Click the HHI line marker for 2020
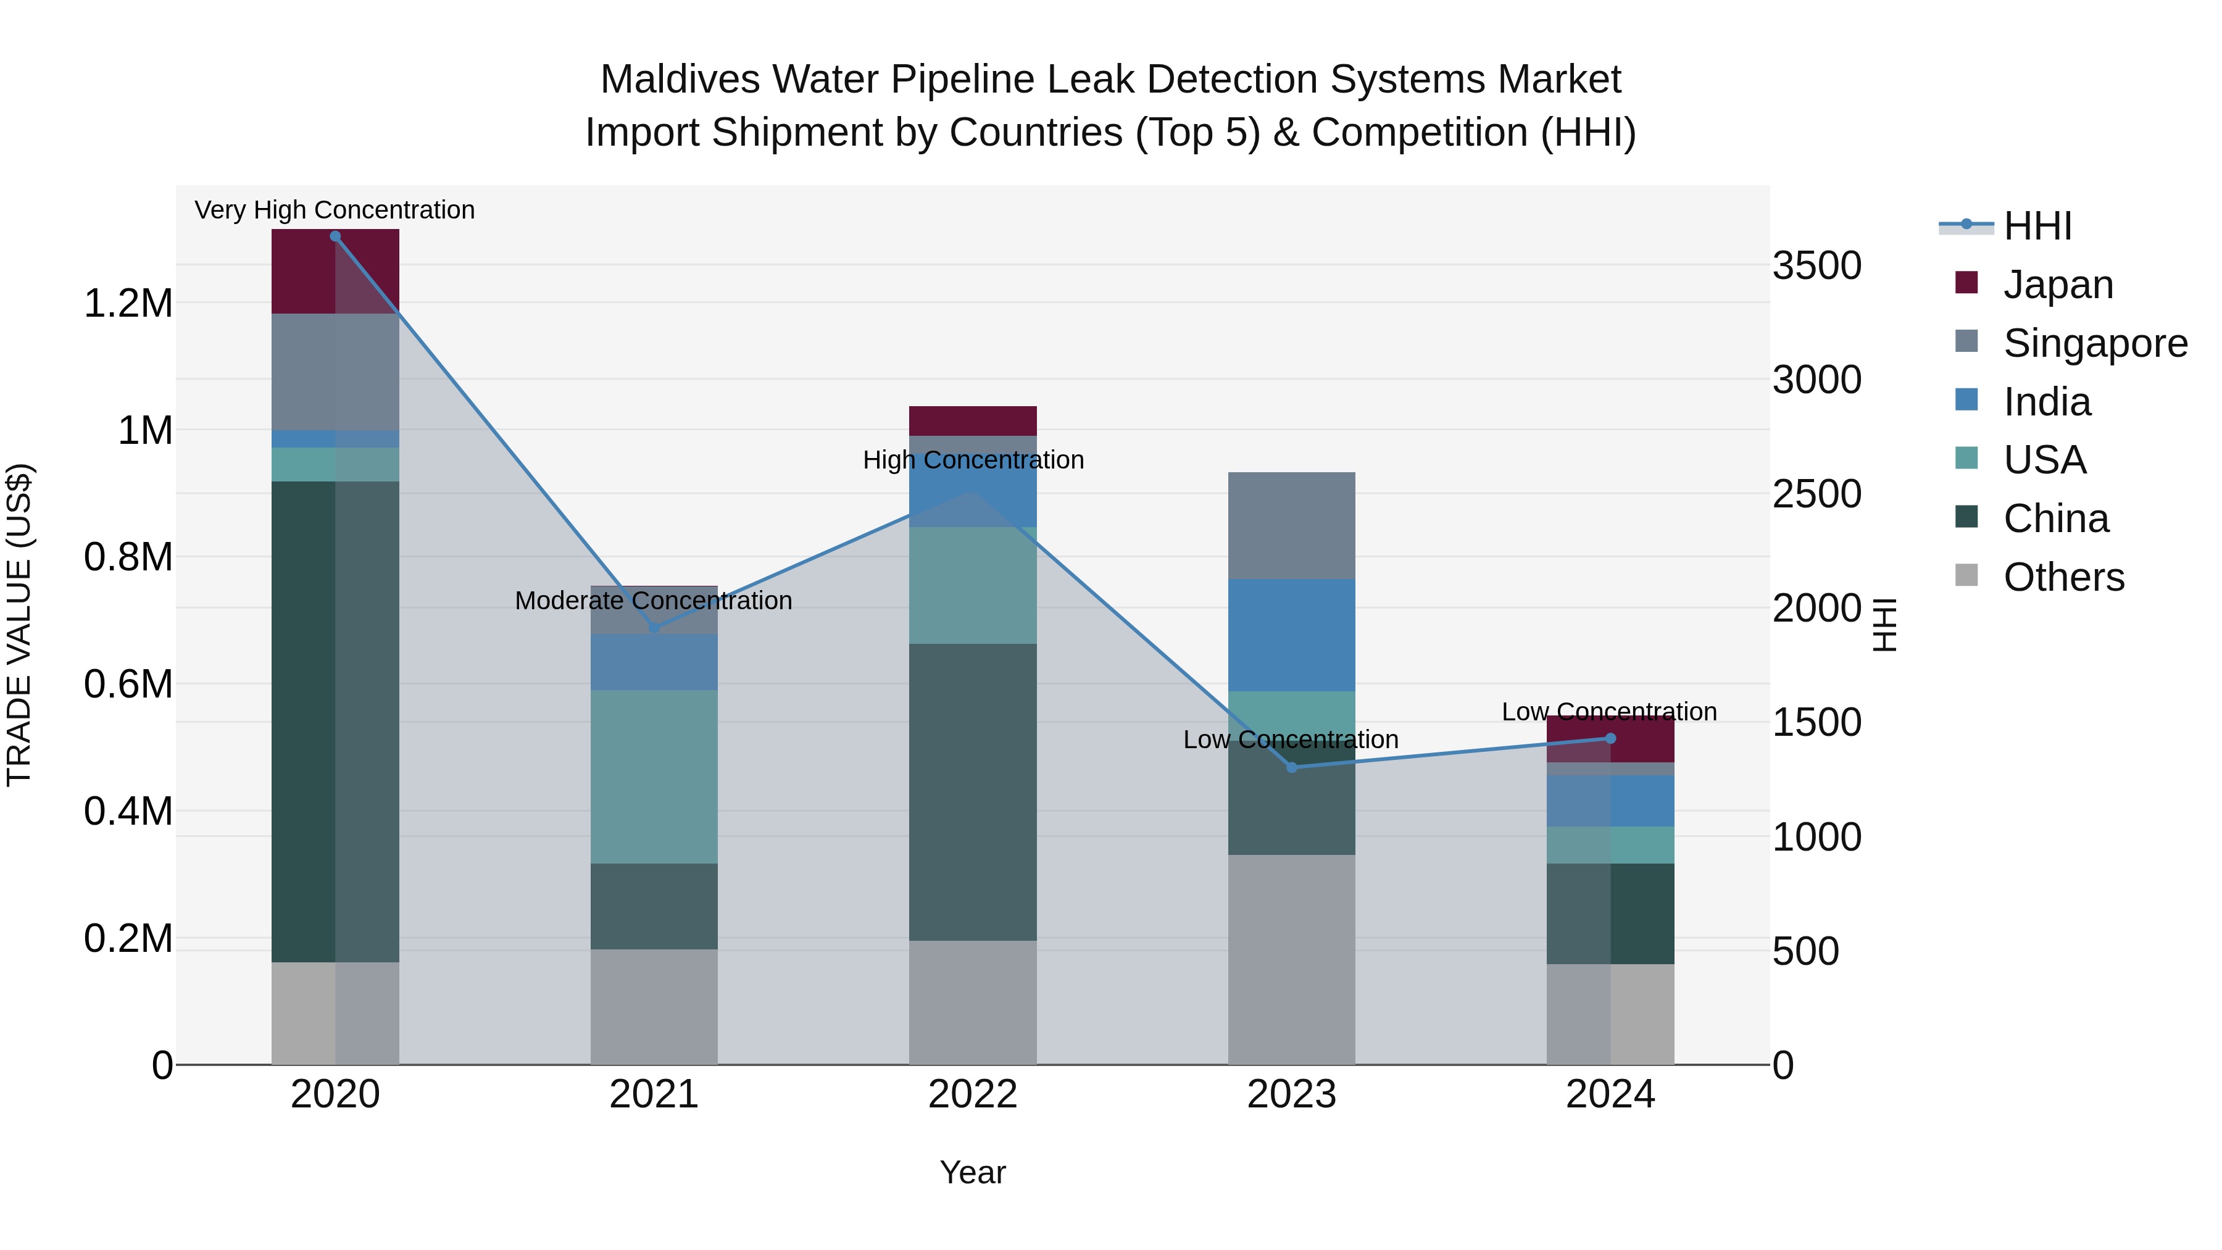[x=336, y=236]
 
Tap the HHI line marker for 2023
[x=1291, y=767]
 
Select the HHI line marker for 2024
[x=1610, y=738]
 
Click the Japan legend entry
[x=2057, y=285]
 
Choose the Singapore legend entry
[x=2094, y=343]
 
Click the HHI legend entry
[x=2037, y=226]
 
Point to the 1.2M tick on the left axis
[x=128, y=304]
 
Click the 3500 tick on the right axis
[x=1816, y=265]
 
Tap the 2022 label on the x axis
[x=972, y=1094]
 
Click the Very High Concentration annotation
[x=335, y=210]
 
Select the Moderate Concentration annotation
[x=653, y=601]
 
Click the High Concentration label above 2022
[x=973, y=460]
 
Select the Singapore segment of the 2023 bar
[x=1291, y=525]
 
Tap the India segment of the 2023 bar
[x=1291, y=635]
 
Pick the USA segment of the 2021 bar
[x=653, y=777]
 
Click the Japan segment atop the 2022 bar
[x=972, y=421]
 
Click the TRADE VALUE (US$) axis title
[x=19, y=625]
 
